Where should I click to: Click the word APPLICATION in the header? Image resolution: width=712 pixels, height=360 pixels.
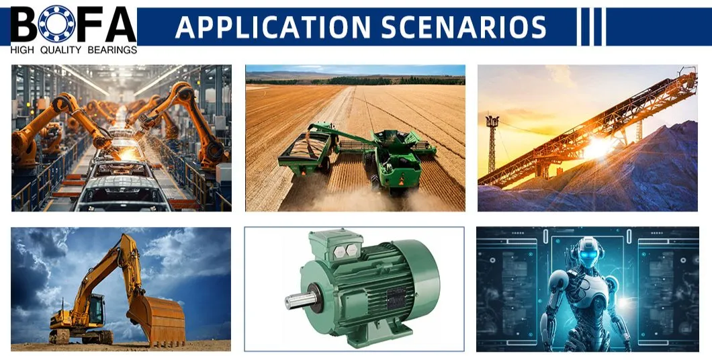[273, 27]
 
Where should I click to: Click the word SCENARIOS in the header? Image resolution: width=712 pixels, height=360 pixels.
[463, 27]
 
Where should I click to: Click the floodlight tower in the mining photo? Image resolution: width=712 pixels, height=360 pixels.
[492, 141]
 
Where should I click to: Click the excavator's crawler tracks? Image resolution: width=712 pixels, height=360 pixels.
[81, 336]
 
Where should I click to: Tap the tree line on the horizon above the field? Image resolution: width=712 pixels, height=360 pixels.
[356, 81]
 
